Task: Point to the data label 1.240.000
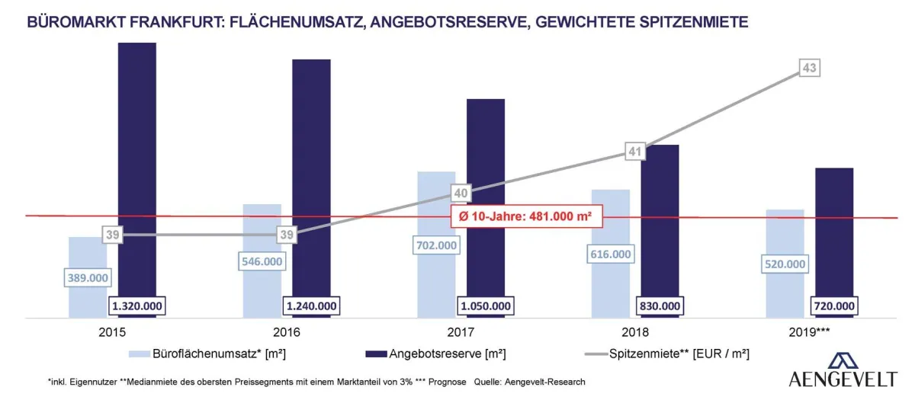coord(311,306)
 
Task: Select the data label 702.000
coord(437,245)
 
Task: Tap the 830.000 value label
coord(660,306)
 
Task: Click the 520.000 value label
coord(785,264)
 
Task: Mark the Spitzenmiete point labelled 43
coord(810,69)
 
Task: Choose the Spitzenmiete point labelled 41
coord(635,152)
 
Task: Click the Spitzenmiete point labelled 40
coord(461,193)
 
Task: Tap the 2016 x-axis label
coord(286,333)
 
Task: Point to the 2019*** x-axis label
coord(810,333)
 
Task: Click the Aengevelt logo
coord(843,372)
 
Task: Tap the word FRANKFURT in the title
coord(169,22)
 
